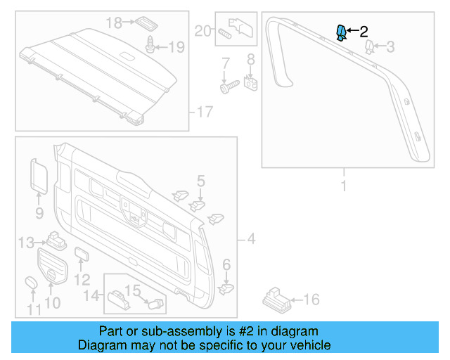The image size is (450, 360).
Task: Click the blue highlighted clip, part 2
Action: coord(341,32)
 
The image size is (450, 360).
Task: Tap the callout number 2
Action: coord(364,32)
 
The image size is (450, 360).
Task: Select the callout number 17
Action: coord(205,112)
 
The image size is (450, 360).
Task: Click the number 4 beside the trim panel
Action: coord(251,240)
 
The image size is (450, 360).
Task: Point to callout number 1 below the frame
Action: coord(344,186)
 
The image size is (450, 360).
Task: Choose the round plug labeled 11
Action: coord(32,283)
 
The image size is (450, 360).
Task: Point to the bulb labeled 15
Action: coord(155,303)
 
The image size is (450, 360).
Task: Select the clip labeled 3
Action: coord(370,48)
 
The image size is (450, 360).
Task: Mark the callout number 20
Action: coord(202,30)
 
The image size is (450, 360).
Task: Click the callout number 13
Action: coord(26,243)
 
